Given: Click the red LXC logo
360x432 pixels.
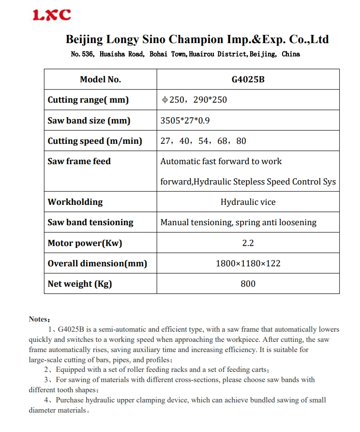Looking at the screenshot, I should (x=52, y=15).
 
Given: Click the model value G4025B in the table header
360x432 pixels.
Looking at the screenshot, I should (x=248, y=79).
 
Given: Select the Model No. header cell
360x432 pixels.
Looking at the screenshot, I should (x=101, y=79).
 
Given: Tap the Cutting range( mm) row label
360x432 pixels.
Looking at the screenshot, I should (x=88, y=100).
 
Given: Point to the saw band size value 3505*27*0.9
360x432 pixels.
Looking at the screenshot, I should (x=185, y=121).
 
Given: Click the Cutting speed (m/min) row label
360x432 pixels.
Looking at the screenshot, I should (x=95, y=141).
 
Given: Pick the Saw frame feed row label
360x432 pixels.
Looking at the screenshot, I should (x=79, y=161).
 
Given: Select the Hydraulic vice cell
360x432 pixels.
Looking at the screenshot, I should (x=248, y=202).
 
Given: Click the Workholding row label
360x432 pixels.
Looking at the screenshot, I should (x=75, y=202).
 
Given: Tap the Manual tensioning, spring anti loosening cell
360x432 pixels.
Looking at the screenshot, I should (x=238, y=222).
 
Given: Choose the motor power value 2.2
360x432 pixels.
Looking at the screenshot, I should (x=248, y=243).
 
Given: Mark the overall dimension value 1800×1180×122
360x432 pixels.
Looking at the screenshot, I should (x=248, y=263).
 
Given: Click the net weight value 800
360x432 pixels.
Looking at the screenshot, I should (x=248, y=284).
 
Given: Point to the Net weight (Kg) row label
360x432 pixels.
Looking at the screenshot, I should (x=79, y=284).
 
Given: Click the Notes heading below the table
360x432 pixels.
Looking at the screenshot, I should (x=39, y=319).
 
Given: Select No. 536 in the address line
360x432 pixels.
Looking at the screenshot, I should (x=82, y=54).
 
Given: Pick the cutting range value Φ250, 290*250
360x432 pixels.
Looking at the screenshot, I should (x=194, y=100).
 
